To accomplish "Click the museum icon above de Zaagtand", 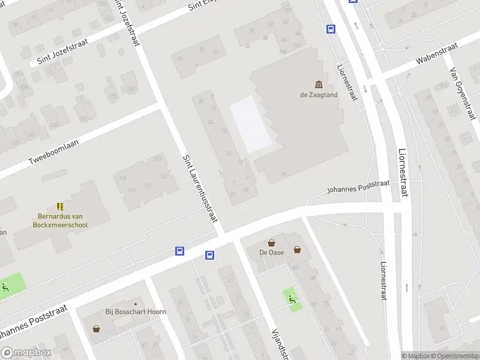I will pos(318,84).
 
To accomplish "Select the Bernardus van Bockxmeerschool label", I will pos(60,221).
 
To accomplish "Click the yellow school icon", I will pos(60,206).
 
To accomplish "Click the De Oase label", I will pos(272,253).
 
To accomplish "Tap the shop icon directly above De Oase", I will pos(272,243).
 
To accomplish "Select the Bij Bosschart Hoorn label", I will pos(136,312).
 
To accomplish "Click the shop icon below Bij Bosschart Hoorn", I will pos(96,328).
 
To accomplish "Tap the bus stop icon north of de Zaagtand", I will pos(331,28).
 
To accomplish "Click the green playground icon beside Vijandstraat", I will pos(292,298).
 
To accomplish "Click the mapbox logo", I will pos(25,353).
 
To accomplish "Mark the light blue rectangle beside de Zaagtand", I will pos(250,124).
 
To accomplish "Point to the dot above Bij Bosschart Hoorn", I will pos(136,303).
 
